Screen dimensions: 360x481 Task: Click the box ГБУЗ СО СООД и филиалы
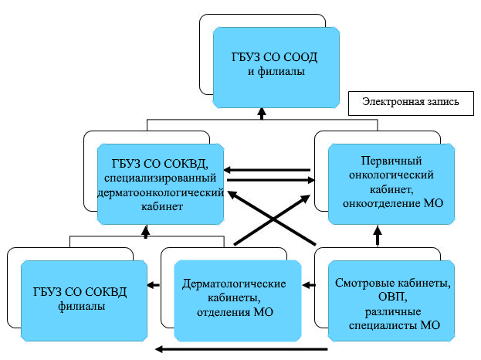point(276,66)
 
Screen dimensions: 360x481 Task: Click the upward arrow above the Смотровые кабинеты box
point(377,234)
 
